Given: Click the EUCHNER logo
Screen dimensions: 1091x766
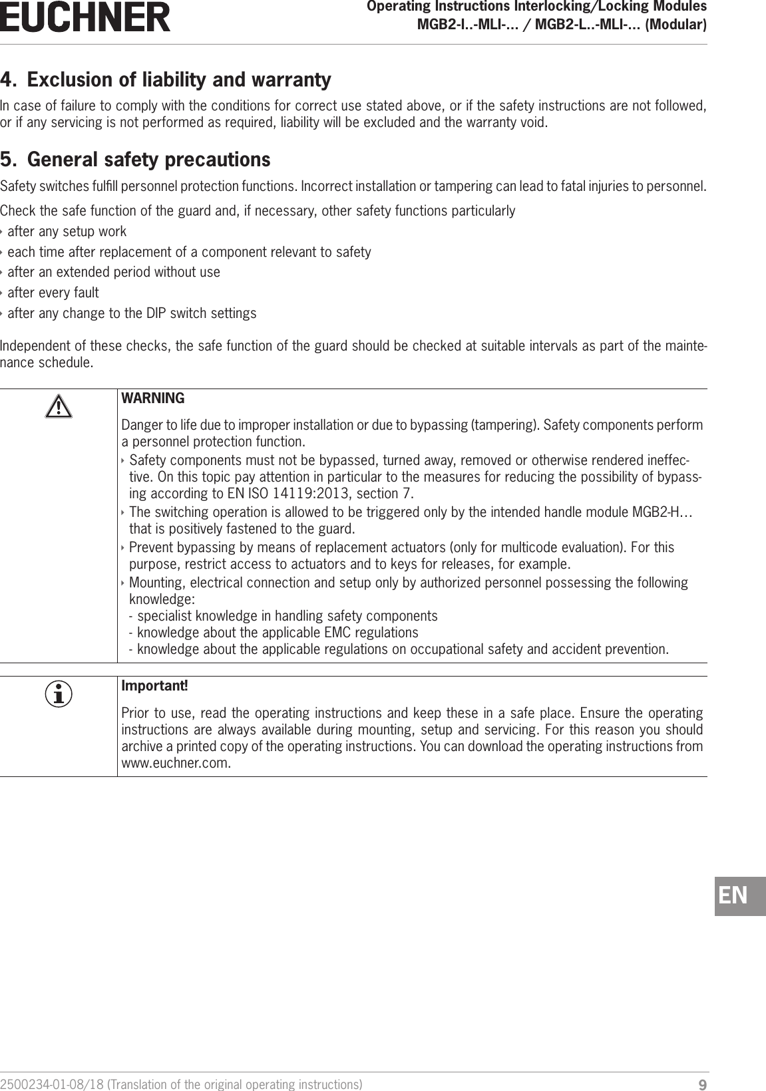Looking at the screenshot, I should click(x=85, y=18).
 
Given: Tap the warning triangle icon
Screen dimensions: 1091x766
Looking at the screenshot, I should click(x=59, y=406).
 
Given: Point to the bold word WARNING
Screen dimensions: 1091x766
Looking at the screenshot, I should click(x=153, y=398).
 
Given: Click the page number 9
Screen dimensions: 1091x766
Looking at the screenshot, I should click(x=702, y=1085).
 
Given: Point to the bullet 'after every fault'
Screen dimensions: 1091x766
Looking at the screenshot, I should click(x=53, y=293).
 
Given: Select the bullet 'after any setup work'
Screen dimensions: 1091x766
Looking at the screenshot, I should click(x=67, y=232).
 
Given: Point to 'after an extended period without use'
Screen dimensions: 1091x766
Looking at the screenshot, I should click(x=113, y=272).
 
